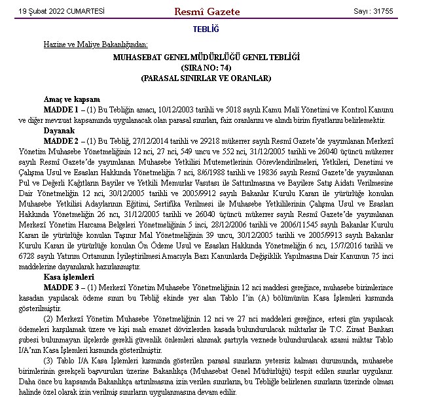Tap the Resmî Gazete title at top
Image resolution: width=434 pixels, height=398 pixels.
(207, 12)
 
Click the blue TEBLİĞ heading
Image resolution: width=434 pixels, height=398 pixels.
(206, 29)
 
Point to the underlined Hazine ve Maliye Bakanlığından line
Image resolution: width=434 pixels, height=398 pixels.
(96, 45)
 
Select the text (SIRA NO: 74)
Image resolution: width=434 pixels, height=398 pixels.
(206, 68)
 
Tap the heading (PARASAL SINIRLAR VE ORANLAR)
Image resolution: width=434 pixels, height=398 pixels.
(206, 78)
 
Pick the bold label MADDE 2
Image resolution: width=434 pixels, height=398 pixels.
(60, 140)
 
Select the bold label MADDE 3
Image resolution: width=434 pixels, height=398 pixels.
(60, 287)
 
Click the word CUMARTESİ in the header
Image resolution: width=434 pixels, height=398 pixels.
(87, 12)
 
